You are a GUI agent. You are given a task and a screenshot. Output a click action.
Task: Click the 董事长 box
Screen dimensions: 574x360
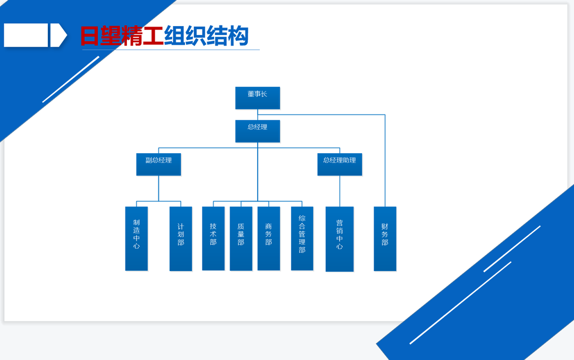258,98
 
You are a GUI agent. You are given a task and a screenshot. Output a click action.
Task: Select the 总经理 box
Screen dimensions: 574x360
258,131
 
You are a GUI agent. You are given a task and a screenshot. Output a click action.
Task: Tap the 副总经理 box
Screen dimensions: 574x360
158,164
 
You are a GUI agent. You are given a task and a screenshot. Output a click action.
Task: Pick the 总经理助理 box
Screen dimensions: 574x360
340,164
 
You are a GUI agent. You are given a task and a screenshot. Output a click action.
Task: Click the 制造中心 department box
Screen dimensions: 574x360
137,239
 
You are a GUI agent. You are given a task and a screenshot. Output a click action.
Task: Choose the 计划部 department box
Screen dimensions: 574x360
181,239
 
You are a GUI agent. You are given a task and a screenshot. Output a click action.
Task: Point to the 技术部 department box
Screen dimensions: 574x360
214,239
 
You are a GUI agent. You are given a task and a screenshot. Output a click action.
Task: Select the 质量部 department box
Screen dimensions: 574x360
241,239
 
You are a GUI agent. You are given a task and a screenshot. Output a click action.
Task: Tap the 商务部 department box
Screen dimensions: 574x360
269,239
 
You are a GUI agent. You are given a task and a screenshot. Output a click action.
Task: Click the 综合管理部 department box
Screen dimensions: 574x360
302,239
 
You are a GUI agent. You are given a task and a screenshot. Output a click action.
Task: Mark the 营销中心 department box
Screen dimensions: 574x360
340,239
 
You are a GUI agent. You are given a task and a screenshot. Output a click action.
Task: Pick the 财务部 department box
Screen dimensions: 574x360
385,239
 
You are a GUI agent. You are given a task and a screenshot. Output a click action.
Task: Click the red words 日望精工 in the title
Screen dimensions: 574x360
122,36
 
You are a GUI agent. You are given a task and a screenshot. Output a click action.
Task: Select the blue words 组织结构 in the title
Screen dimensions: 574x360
206,36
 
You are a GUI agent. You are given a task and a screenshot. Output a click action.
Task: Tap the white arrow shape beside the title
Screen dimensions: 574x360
58,35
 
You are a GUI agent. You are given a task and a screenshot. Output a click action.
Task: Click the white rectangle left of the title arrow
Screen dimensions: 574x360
26,35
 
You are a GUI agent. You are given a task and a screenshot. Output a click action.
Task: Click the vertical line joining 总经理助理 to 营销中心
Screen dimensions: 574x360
340,191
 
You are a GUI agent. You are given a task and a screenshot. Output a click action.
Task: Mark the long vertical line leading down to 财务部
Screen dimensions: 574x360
385,161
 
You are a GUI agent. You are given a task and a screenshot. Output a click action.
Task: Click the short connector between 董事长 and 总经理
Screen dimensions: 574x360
258,115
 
